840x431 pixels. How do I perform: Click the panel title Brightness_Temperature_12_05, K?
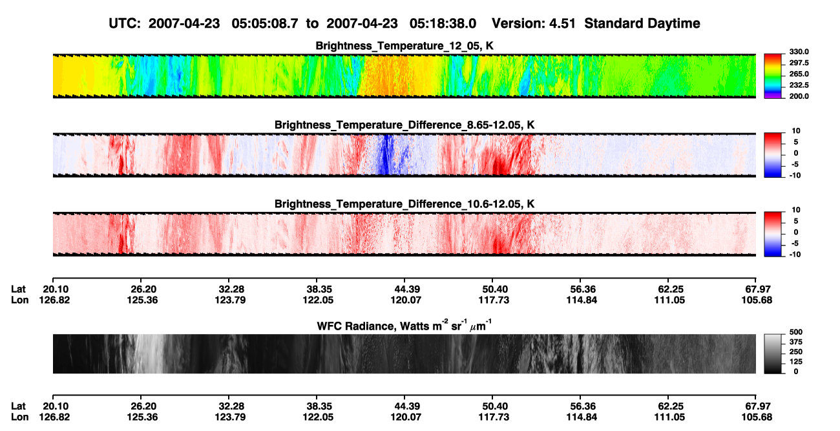(x=404, y=46)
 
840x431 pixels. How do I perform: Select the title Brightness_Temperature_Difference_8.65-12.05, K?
(x=404, y=125)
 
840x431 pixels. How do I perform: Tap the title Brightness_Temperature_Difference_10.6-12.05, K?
(x=404, y=204)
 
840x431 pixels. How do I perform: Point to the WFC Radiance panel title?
(x=404, y=326)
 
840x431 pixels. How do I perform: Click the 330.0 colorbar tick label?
(x=799, y=52)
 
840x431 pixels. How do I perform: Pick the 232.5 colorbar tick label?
(x=799, y=85)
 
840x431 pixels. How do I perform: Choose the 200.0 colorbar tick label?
(x=799, y=96)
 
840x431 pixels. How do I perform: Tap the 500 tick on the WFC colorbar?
(x=796, y=332)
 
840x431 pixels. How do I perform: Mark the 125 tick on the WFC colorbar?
(x=796, y=362)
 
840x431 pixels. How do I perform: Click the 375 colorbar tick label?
(x=796, y=342)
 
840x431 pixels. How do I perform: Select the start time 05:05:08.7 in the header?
(x=265, y=24)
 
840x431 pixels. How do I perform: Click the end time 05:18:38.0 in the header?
(x=443, y=24)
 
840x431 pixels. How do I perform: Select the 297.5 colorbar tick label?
(x=799, y=63)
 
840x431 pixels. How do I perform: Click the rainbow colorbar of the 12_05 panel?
(x=773, y=76)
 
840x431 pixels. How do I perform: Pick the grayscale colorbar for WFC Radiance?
(x=773, y=353)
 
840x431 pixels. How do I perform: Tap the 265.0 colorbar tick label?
(x=799, y=74)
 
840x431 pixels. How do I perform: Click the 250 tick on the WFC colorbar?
(x=796, y=352)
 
